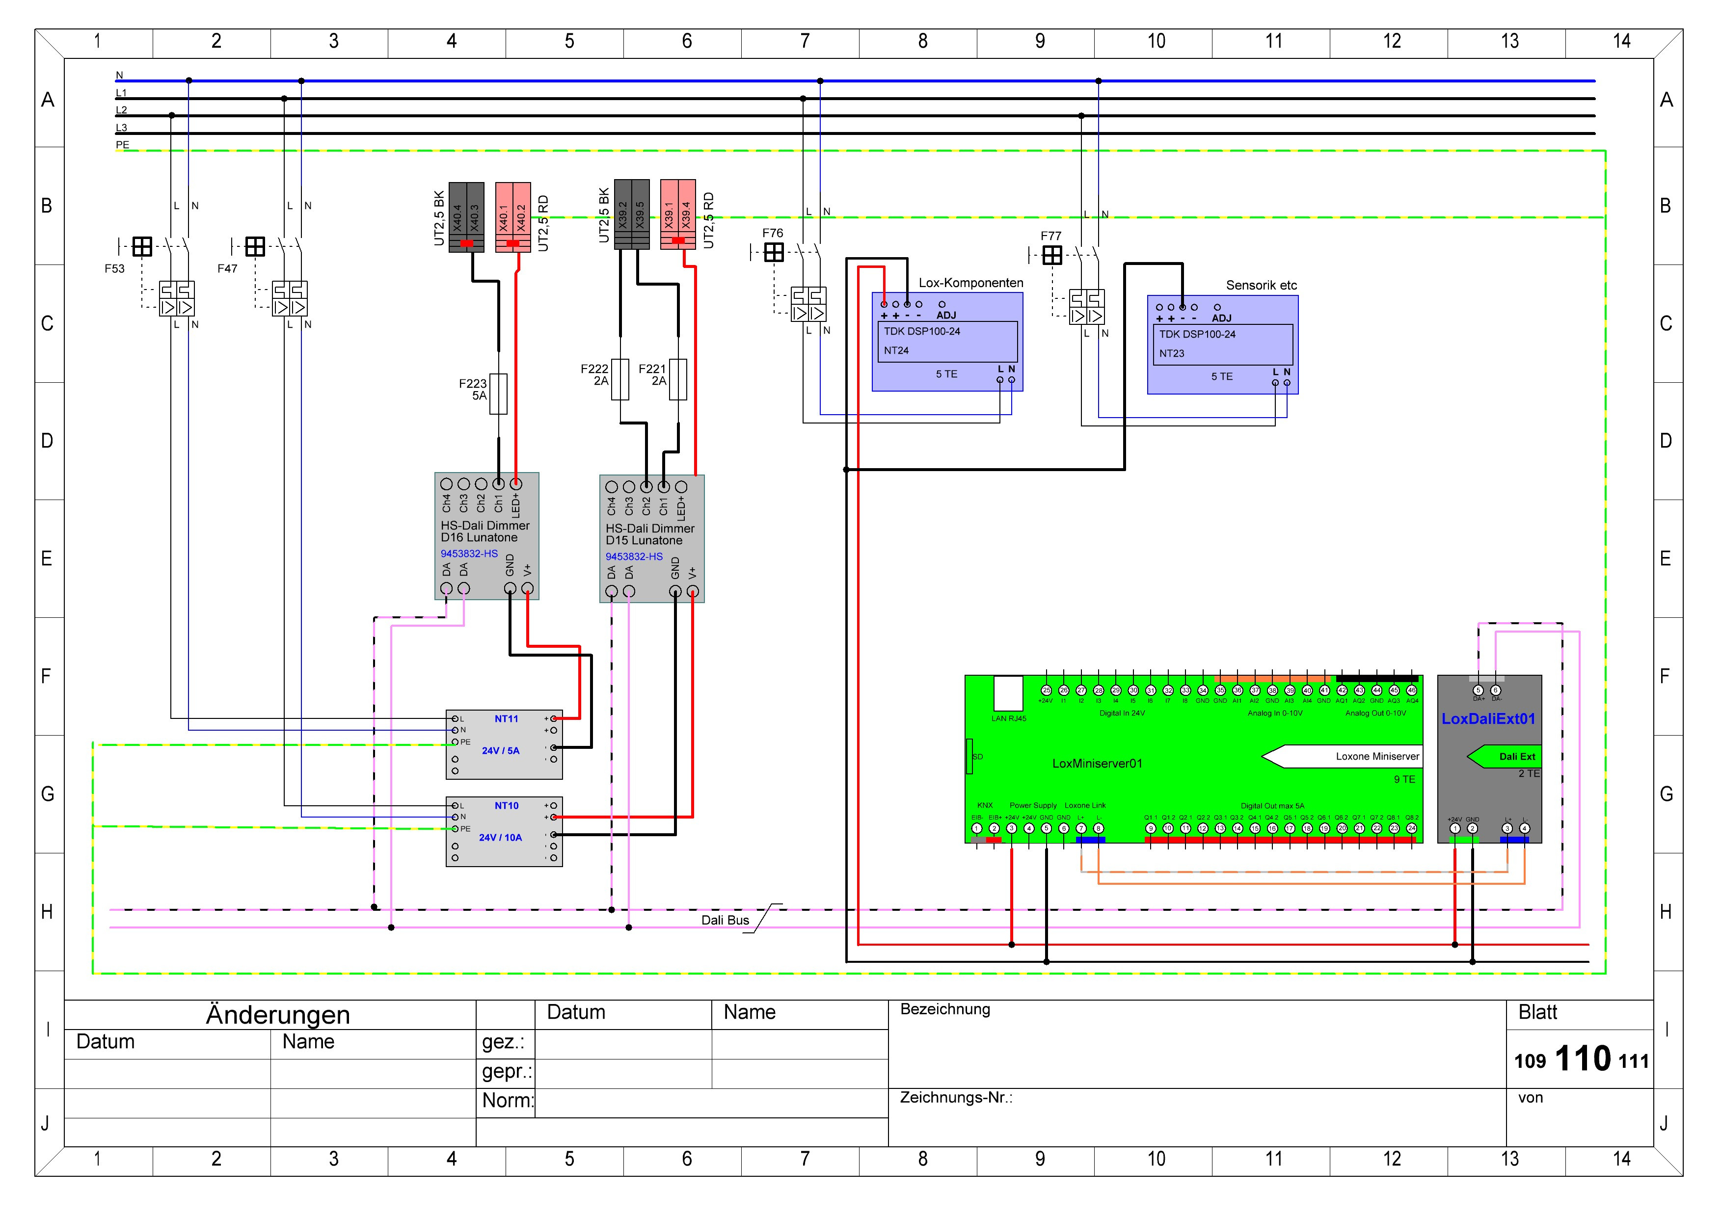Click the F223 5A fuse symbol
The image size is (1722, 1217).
(x=498, y=394)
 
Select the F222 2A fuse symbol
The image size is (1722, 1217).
(x=620, y=379)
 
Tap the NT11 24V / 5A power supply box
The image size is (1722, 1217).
(x=504, y=744)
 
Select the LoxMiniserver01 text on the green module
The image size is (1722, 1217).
(x=1097, y=764)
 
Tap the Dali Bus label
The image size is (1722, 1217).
(x=725, y=920)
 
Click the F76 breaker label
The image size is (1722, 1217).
(x=773, y=233)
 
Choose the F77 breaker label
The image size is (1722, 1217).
(x=1051, y=236)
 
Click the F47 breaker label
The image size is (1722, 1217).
(x=227, y=268)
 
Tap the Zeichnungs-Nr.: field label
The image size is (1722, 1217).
(x=956, y=1098)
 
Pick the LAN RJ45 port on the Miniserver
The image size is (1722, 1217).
(x=1008, y=693)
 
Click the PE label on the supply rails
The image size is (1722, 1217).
(x=122, y=145)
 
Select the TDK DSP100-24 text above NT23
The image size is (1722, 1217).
(x=1197, y=335)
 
